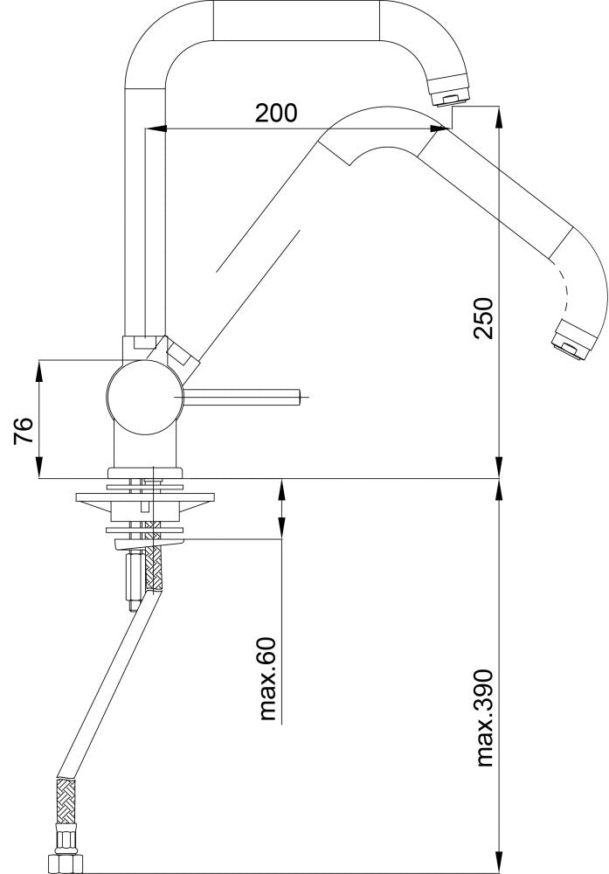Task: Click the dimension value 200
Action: (x=276, y=113)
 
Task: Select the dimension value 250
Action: (x=483, y=318)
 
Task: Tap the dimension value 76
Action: (x=24, y=430)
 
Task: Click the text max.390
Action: (x=484, y=718)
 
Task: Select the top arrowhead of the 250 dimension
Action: (x=498, y=114)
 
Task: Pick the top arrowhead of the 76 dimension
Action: (x=39, y=367)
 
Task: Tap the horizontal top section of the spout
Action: (x=297, y=19)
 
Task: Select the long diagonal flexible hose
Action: (x=109, y=682)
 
